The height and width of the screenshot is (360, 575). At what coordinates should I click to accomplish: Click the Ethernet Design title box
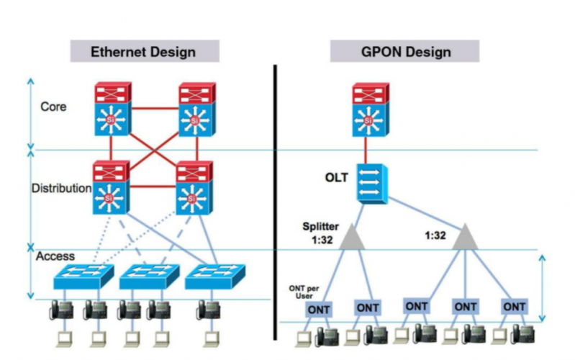pyautogui.click(x=145, y=51)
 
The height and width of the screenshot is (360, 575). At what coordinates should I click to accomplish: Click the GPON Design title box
pyautogui.click(x=405, y=51)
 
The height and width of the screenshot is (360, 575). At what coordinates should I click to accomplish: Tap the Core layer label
pyautogui.click(x=53, y=107)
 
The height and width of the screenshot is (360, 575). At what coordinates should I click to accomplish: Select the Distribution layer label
pyautogui.click(x=62, y=188)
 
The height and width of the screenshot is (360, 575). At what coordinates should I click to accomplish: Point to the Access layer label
pyautogui.click(x=55, y=256)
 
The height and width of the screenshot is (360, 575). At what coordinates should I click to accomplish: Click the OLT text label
pyautogui.click(x=336, y=178)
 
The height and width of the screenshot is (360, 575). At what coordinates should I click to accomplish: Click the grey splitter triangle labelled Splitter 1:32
pyautogui.click(x=352, y=238)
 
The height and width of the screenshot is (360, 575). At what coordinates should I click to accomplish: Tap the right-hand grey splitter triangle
pyautogui.click(x=465, y=238)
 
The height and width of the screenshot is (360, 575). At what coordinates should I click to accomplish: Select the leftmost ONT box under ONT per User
pyautogui.click(x=319, y=310)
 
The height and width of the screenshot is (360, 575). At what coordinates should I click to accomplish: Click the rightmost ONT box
pyautogui.click(x=514, y=307)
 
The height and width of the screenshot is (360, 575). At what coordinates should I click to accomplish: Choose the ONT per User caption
pyautogui.click(x=304, y=292)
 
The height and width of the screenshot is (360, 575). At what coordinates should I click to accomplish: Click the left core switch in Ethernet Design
pyautogui.click(x=113, y=109)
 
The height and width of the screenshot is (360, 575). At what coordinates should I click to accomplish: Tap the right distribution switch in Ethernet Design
pyautogui.click(x=194, y=188)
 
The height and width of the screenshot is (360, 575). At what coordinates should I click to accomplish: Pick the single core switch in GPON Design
pyautogui.click(x=371, y=109)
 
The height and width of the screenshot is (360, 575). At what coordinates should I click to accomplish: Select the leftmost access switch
pyautogui.click(x=83, y=276)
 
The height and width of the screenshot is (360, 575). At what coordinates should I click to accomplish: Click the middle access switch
pyautogui.click(x=149, y=276)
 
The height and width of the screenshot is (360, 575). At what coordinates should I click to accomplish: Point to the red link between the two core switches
pyautogui.click(x=155, y=109)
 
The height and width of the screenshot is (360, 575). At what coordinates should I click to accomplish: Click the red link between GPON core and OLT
pyautogui.click(x=366, y=150)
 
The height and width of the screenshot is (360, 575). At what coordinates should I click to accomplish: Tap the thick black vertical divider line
pyautogui.click(x=275, y=202)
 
